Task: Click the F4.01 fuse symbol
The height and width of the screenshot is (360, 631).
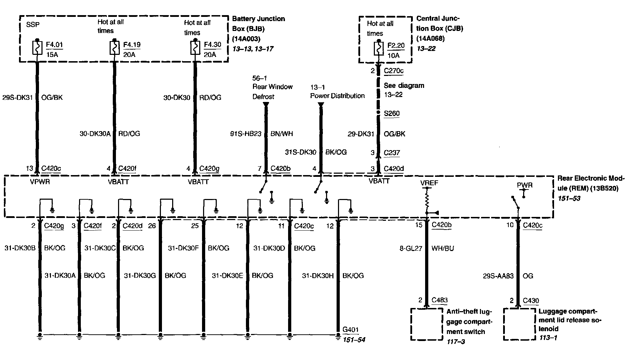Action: click(37, 48)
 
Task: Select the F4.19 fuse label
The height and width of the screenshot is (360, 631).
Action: click(132, 45)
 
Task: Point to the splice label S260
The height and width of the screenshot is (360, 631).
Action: click(391, 113)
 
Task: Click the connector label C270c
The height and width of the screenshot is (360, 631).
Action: click(393, 71)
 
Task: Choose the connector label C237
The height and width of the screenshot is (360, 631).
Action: click(392, 153)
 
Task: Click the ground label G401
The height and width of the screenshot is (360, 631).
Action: click(350, 329)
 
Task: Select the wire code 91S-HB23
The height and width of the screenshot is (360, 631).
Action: click(246, 134)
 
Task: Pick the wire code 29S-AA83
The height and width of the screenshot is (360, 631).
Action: click(498, 276)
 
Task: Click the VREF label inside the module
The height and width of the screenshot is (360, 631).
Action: click(429, 183)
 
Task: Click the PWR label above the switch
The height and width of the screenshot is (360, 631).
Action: click(525, 185)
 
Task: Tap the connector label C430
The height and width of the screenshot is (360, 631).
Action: click(531, 300)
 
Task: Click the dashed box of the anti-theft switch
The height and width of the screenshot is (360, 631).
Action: click(427, 324)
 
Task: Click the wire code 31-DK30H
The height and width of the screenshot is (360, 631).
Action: click(318, 276)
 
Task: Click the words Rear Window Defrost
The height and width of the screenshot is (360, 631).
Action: click(272, 91)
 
